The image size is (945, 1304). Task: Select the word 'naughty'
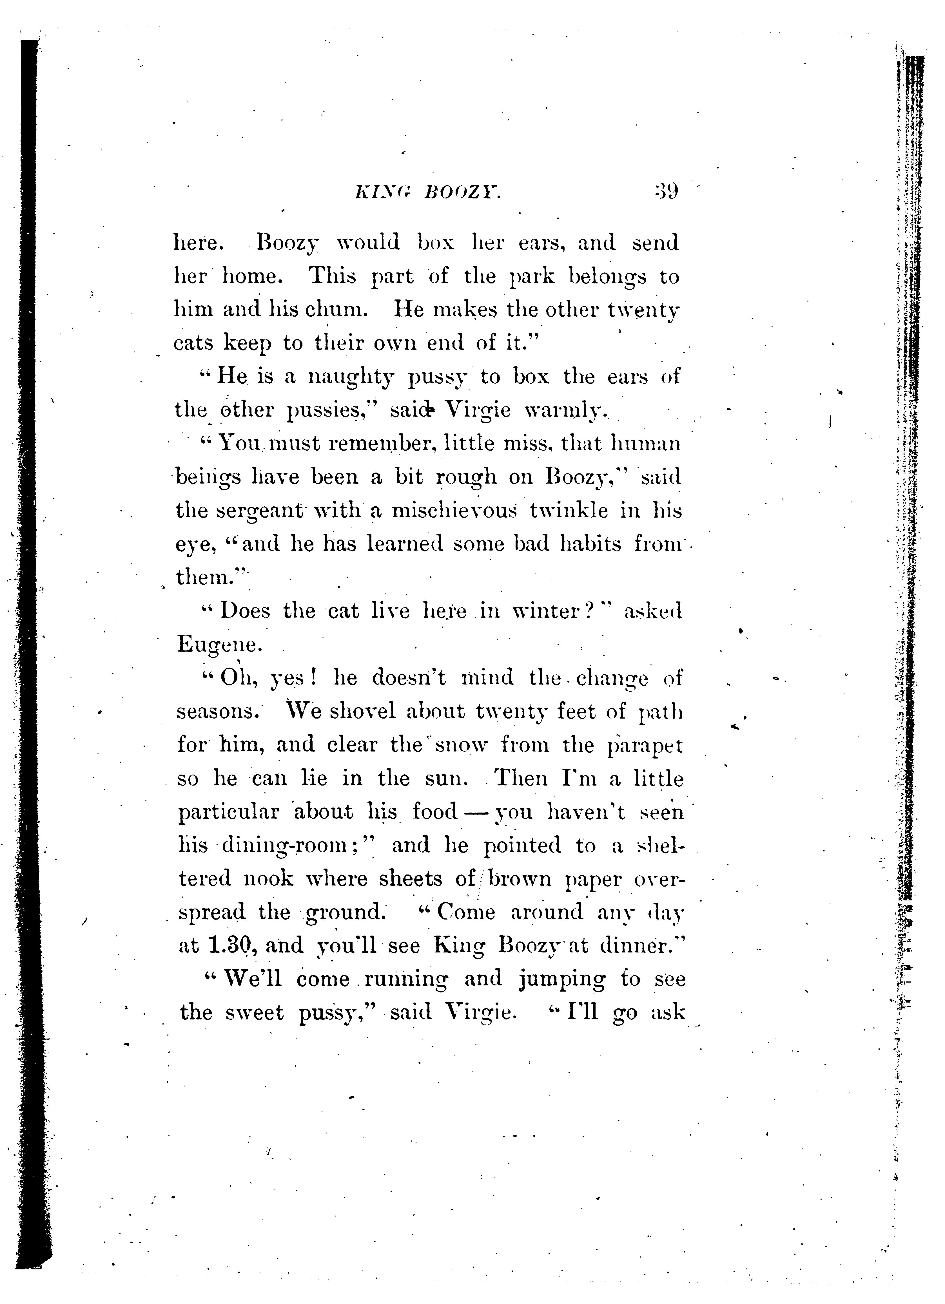click(351, 378)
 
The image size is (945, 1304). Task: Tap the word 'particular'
click(228, 812)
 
